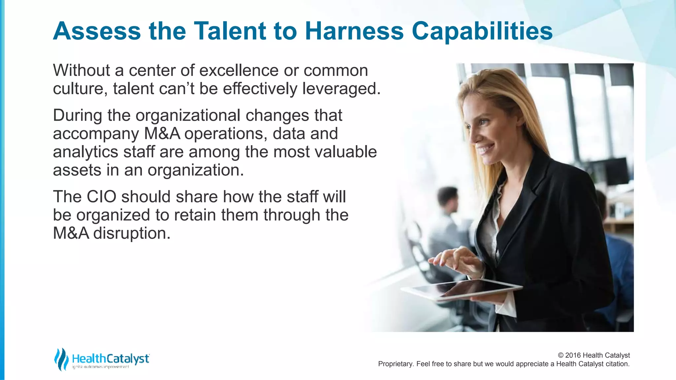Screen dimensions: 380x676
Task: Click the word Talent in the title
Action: (x=230, y=31)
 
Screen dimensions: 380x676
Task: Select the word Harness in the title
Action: (x=354, y=31)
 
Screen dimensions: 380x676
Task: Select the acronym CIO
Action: (x=101, y=197)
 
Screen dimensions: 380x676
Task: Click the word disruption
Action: (x=132, y=233)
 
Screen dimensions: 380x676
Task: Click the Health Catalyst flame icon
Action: (x=61, y=359)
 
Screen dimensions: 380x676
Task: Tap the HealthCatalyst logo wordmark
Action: (x=111, y=359)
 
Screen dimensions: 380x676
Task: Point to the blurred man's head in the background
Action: (x=447, y=200)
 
